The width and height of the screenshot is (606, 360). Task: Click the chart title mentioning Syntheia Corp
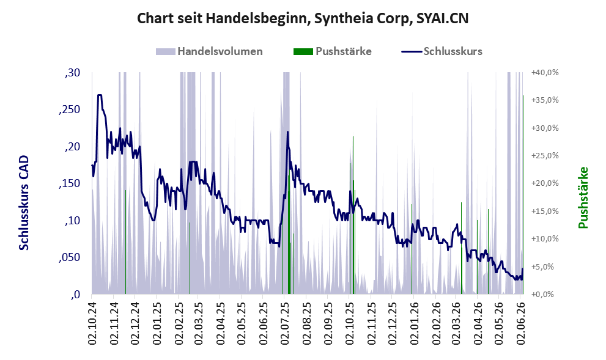pos(303,18)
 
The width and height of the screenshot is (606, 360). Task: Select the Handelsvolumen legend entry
pos(209,51)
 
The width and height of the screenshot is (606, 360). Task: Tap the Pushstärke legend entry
pos(333,51)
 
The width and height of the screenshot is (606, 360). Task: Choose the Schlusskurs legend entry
pos(442,51)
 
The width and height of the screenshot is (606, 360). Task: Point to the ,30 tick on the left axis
pos(72,73)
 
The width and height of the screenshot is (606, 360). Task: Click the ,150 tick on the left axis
pos(70,183)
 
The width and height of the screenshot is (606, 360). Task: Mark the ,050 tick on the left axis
pos(70,258)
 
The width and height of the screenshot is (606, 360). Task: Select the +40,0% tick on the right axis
pos(545,73)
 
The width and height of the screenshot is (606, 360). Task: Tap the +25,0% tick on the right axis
pos(545,156)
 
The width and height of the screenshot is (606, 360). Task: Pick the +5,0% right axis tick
pos(547,266)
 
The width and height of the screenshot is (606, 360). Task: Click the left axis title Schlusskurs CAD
pos(24,203)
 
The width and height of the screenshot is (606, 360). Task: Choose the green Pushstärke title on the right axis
pos(583,197)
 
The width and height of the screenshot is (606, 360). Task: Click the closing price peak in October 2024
pos(100,95)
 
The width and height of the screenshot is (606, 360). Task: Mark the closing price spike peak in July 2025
pos(287,132)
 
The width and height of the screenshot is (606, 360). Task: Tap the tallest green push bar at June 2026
pos(523,195)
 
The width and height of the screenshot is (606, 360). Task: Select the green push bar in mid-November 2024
pos(125,242)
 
